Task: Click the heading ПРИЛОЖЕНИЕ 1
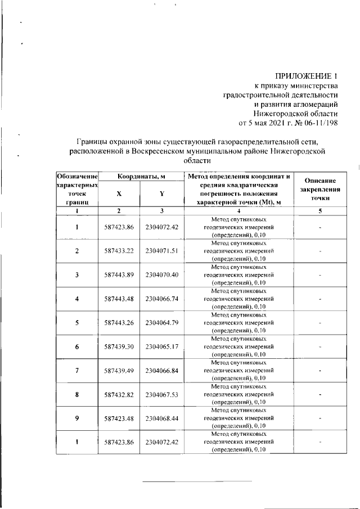(306, 75)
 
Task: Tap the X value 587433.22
(119, 251)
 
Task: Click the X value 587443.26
(119, 323)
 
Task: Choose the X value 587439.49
(119, 371)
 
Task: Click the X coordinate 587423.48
(119, 419)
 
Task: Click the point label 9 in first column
(76, 419)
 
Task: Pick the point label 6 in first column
(76, 347)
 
